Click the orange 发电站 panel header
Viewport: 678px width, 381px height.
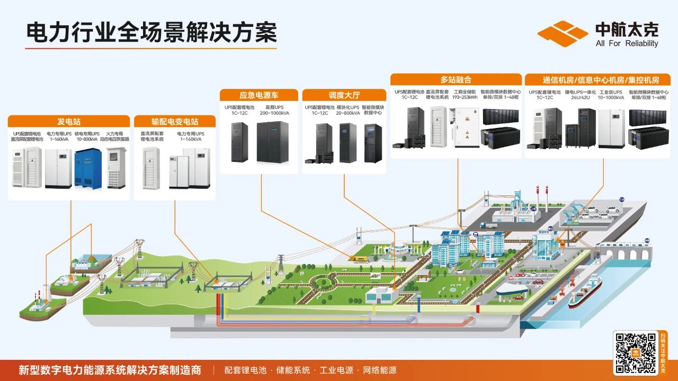click(69, 121)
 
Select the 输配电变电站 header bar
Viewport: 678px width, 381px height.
click(175, 121)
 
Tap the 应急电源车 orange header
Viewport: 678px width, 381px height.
click(259, 95)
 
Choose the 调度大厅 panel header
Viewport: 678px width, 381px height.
click(344, 95)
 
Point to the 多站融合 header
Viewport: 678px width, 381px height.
click(456, 80)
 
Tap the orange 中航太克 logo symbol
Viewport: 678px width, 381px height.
click(563, 34)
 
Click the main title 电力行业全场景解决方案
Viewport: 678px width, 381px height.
click(151, 33)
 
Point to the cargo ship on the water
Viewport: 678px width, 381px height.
click(585, 292)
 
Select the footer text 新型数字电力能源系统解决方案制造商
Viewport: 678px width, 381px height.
click(110, 370)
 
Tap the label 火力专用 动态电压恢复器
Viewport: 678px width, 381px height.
click(115, 137)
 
